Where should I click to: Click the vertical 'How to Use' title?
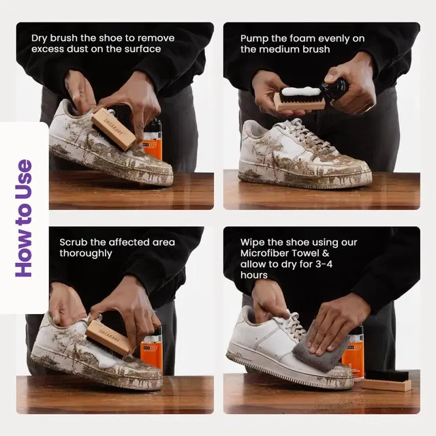point(25,218)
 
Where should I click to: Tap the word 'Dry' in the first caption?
point(40,38)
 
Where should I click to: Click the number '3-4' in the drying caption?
point(324,264)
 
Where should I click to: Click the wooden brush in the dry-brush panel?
point(114,129)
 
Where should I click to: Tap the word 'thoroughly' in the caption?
point(86,253)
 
